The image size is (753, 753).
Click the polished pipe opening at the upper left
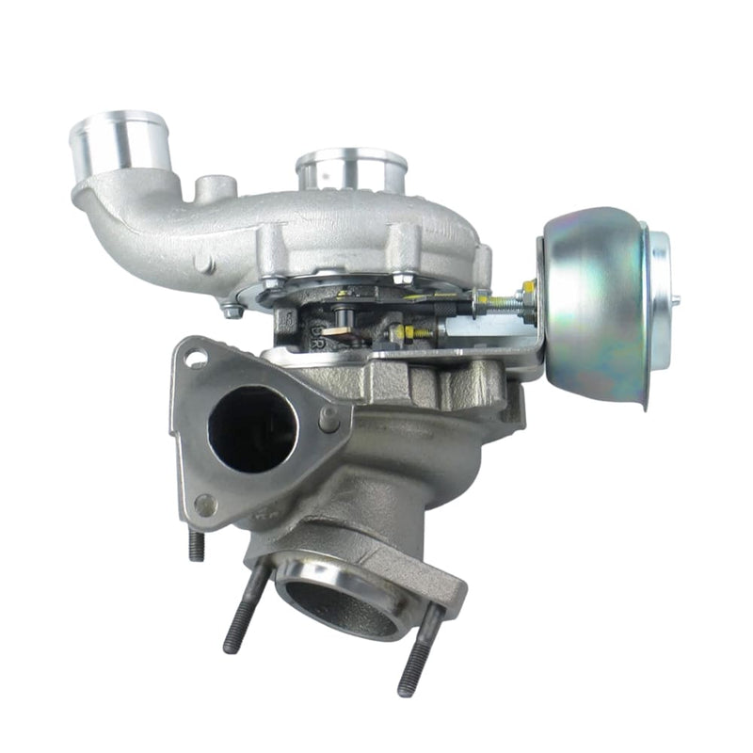tap(119, 141)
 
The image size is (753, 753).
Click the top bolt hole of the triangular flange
tap(196, 358)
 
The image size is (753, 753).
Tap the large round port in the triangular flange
tap(252, 429)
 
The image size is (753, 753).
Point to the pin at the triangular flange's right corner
tap(330, 420)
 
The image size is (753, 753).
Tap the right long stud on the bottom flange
tap(416, 649)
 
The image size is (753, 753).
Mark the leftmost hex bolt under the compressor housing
tap(230, 309)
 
